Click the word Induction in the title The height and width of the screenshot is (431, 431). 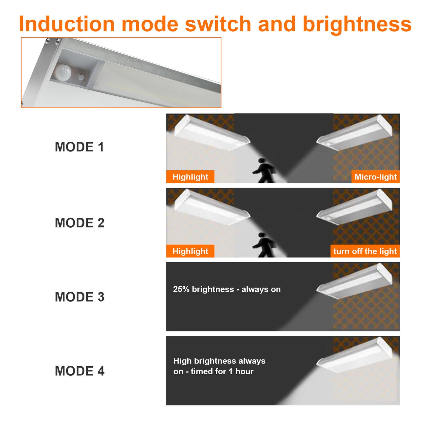67,24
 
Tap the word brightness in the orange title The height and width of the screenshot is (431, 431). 357,24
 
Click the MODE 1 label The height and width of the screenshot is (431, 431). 79,147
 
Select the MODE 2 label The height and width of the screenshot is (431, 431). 79,223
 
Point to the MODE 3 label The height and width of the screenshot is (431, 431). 79,297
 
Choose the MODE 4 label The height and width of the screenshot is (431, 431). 79,371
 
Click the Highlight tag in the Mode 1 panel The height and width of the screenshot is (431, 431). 190,177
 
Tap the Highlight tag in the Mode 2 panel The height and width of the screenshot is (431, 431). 190,251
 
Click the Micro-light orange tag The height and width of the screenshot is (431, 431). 375,177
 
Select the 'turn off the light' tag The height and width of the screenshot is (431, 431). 365,251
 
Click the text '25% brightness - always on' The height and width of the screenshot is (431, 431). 227,289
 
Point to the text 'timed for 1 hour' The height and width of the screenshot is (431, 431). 222,372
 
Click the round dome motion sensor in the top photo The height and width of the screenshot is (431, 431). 63,72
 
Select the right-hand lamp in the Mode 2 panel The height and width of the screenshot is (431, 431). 355,208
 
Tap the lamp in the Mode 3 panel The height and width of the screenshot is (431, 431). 355,282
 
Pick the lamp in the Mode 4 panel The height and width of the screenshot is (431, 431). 355,356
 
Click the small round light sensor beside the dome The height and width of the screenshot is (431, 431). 81,77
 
